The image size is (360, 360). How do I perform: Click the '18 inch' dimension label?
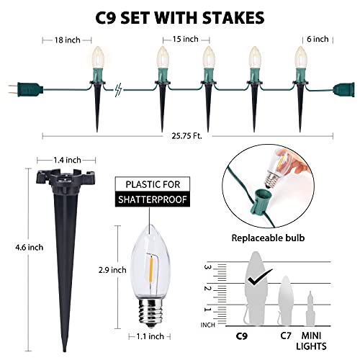(x=67, y=40)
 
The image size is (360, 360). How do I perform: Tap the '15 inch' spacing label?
(x=186, y=39)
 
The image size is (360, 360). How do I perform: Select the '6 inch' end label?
(x=318, y=39)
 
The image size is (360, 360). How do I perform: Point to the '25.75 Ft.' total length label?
(x=187, y=136)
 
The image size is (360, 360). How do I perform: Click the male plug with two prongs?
(x=25, y=89)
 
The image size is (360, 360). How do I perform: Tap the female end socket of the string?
(x=343, y=89)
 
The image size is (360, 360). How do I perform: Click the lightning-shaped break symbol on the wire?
(x=118, y=90)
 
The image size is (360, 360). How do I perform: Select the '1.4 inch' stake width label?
(x=67, y=160)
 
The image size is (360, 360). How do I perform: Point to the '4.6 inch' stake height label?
(x=30, y=247)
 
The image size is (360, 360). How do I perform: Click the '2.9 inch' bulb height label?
(x=112, y=270)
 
